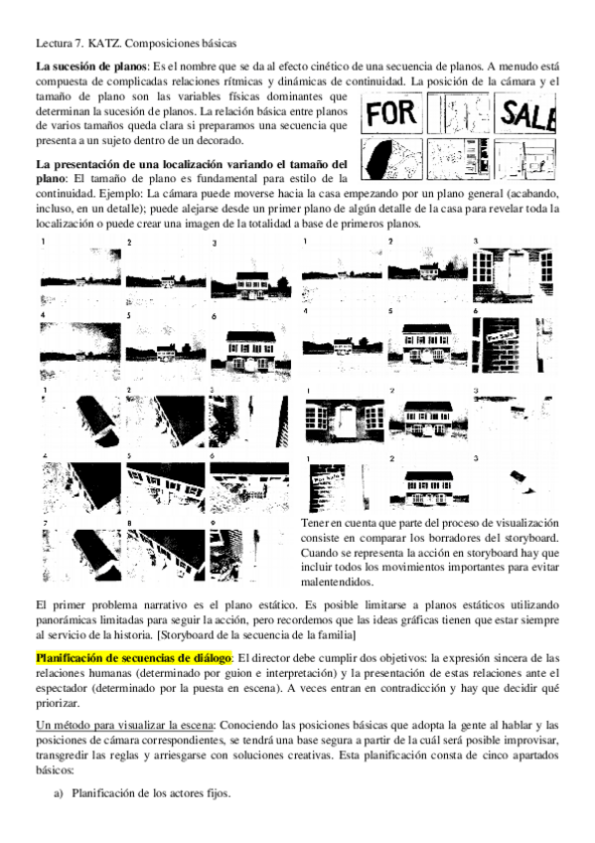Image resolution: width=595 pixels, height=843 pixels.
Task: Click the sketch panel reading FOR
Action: tap(391, 113)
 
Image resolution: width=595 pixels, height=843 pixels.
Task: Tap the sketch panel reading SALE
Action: tap(524, 113)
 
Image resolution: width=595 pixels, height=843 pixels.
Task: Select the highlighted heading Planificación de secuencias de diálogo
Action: tap(134, 658)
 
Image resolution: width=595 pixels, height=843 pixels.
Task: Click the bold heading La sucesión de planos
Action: tap(90, 67)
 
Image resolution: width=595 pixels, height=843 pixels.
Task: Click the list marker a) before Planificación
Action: tap(59, 793)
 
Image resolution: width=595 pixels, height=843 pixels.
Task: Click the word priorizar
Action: tap(58, 703)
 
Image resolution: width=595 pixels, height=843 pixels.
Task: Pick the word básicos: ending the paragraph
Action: tap(55, 769)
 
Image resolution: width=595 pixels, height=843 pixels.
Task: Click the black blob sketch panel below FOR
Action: tap(391, 159)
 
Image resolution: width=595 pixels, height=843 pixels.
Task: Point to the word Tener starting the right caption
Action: tap(315, 523)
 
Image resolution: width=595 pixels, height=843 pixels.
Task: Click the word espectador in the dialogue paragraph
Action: tap(61, 688)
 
